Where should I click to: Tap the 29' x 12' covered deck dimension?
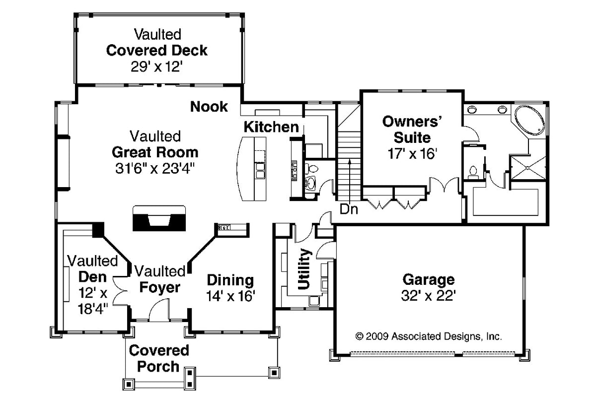[x=157, y=66]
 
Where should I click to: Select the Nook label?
[x=209, y=106]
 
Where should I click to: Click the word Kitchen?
[x=271, y=127]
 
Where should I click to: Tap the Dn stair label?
[x=349, y=208]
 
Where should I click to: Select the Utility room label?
[x=304, y=269]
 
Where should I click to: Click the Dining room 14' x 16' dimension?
[x=230, y=296]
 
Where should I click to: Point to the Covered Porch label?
[x=159, y=358]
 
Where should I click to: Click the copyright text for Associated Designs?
[x=429, y=336]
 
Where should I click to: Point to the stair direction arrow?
[x=350, y=179]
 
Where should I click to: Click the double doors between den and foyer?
[x=119, y=289]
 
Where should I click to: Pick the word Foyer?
[x=159, y=287]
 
